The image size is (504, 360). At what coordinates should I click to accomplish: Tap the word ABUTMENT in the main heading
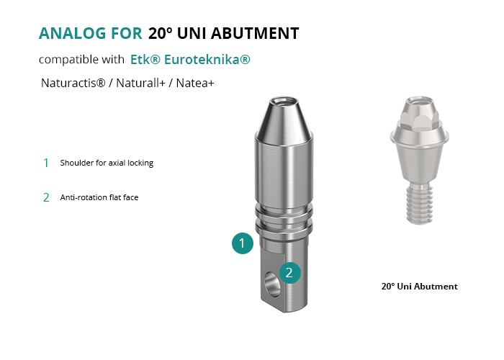point(255,33)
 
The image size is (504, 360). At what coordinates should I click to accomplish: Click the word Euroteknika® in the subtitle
point(207,60)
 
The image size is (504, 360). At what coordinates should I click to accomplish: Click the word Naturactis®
point(73,83)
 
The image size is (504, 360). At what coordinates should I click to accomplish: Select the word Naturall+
point(140,83)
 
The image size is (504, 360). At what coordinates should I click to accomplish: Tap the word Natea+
point(195,83)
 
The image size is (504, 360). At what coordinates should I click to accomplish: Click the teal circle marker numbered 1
point(243,243)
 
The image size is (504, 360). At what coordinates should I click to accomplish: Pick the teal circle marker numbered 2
point(290,273)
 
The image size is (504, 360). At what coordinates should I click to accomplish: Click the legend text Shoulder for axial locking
point(107,163)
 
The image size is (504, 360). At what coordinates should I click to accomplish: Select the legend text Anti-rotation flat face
point(99,197)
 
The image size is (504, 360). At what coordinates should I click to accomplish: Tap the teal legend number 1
point(46,163)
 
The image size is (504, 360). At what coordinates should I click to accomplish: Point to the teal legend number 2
point(46,197)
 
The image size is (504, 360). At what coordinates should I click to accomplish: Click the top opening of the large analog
point(283,102)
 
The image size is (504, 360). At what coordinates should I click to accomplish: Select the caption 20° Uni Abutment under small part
point(420,287)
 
